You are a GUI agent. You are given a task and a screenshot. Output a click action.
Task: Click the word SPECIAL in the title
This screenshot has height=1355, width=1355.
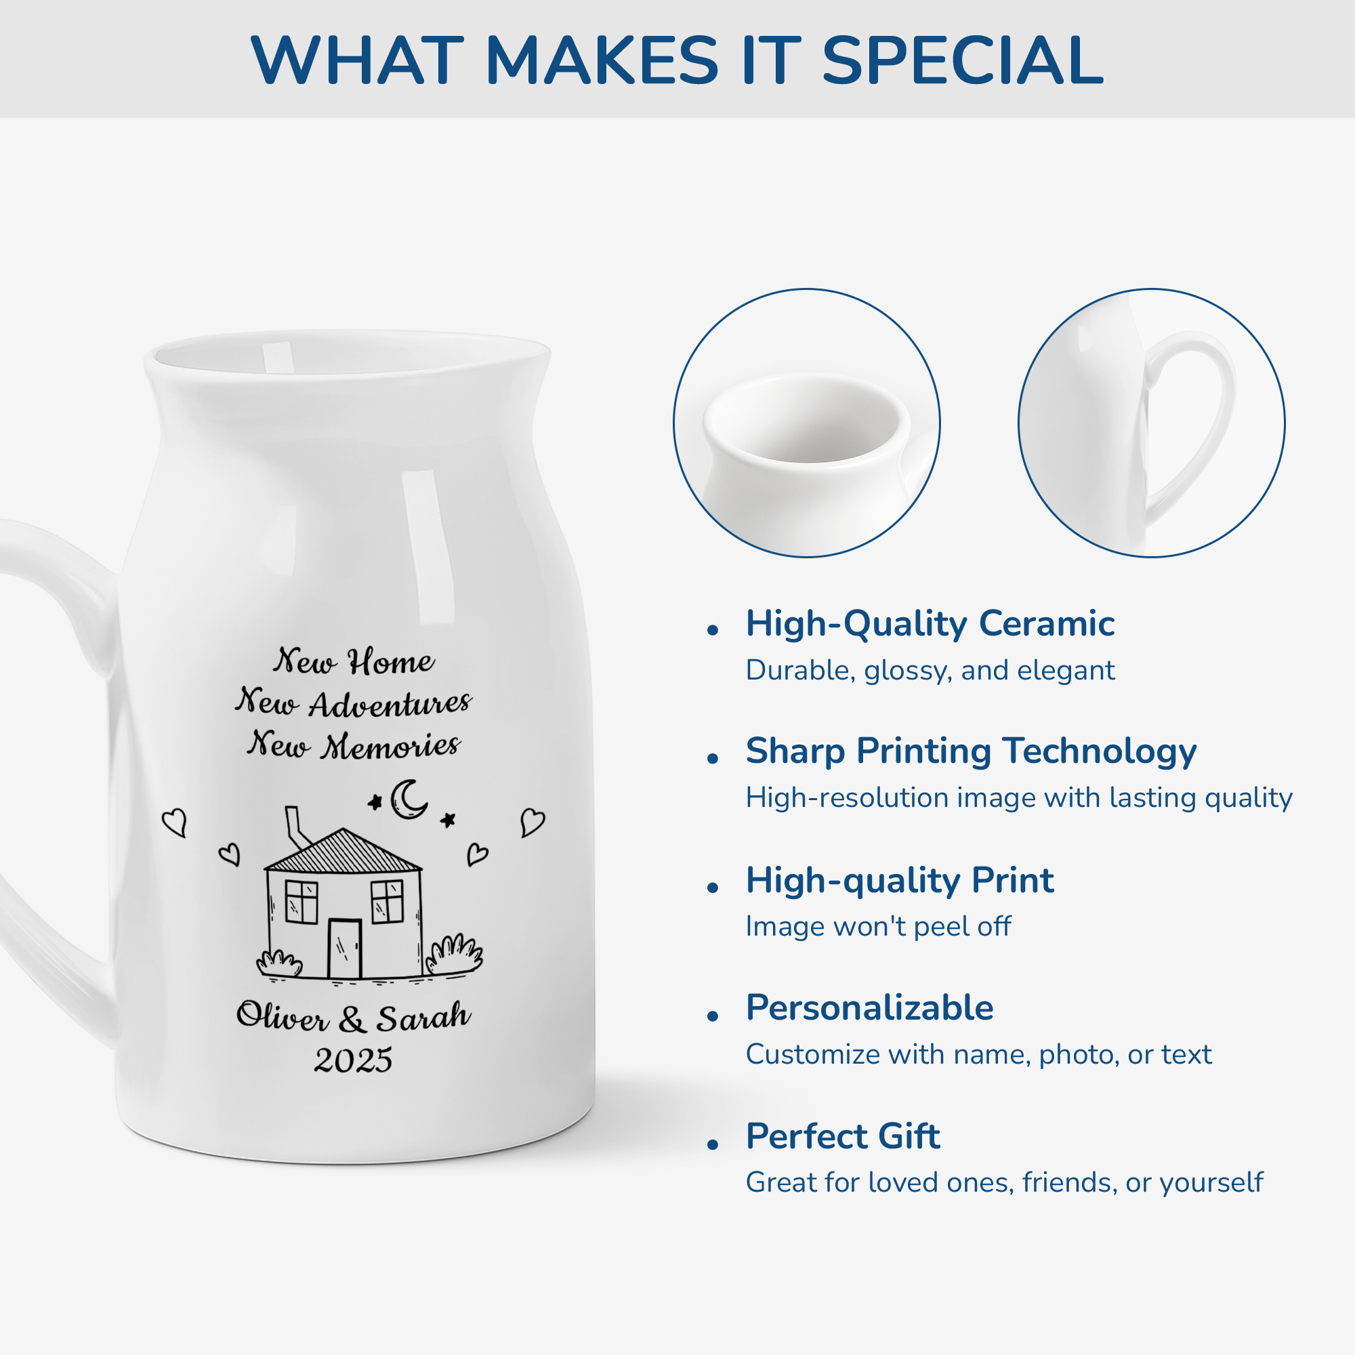(962, 60)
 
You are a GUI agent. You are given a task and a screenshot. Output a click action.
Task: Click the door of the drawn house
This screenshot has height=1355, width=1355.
(345, 948)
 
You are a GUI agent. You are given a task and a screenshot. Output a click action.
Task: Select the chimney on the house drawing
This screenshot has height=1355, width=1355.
(297, 828)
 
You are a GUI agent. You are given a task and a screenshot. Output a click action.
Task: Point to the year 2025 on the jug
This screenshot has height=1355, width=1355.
(353, 1060)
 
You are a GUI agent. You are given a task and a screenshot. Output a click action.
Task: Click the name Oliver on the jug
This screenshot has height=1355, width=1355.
(282, 1016)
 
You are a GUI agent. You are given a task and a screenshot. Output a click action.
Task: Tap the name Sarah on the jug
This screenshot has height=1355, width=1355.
(423, 1016)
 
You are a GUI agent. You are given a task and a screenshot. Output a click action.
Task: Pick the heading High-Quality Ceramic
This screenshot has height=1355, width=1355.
(930, 623)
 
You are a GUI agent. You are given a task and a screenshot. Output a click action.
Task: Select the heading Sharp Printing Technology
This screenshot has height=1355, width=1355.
(971, 751)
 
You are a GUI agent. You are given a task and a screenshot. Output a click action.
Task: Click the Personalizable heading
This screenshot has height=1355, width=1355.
(870, 1008)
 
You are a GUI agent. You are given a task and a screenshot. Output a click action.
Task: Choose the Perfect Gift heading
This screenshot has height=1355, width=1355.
(842, 1136)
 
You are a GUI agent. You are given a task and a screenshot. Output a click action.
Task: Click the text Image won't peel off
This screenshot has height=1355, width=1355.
(878, 926)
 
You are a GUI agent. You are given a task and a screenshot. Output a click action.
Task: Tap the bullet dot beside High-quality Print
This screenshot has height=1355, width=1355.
(713, 888)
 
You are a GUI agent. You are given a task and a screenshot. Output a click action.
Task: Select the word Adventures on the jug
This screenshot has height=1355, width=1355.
(390, 703)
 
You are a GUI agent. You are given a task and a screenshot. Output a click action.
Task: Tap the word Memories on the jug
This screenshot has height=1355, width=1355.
(391, 745)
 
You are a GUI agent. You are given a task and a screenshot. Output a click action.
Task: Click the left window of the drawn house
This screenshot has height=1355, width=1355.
(301, 902)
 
